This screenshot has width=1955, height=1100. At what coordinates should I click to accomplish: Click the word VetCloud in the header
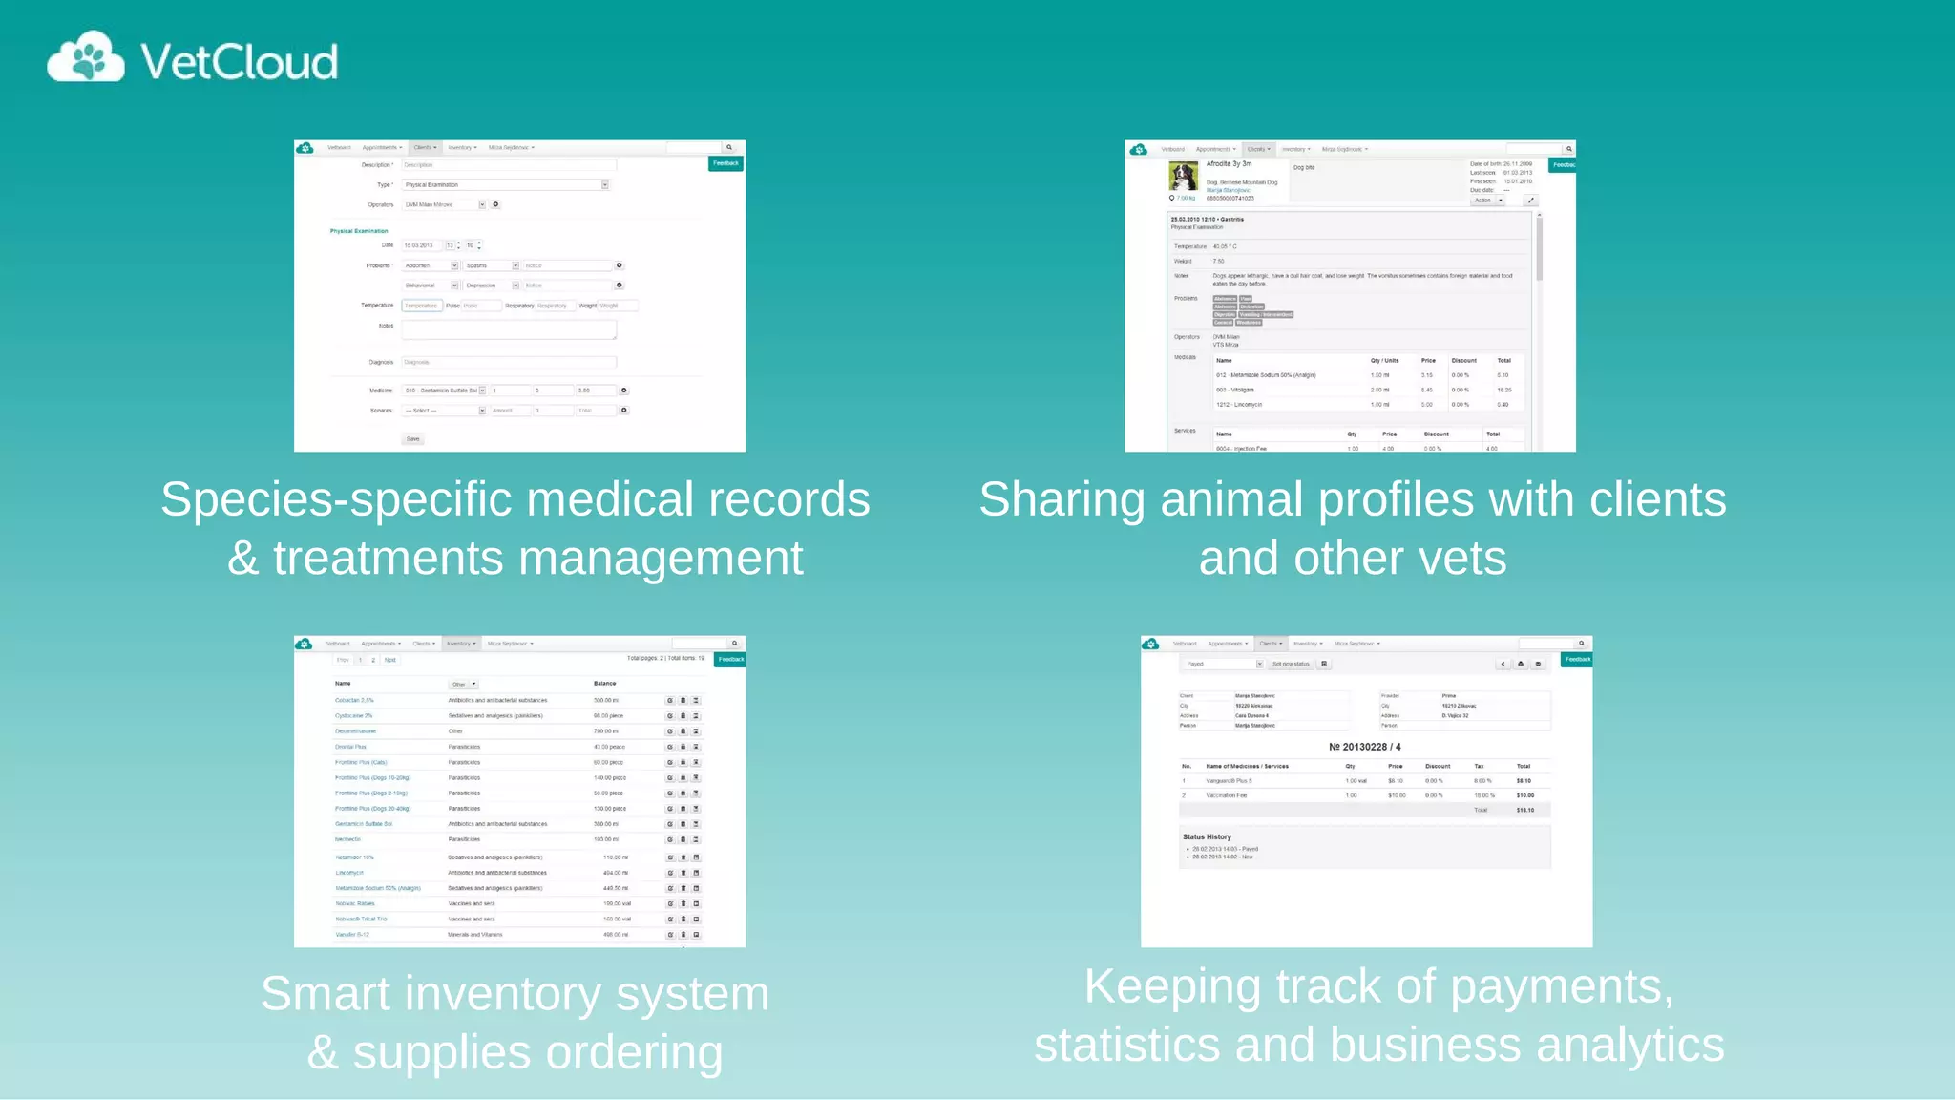(x=239, y=62)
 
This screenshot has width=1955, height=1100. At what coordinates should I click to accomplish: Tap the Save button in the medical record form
(x=412, y=439)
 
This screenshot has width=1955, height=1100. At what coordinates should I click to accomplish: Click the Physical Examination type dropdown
(x=506, y=184)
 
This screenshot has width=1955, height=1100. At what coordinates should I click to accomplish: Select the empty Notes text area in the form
(x=509, y=329)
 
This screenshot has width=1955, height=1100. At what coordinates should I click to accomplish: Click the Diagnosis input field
(x=509, y=362)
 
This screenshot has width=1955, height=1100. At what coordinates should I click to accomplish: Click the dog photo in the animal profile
(x=1184, y=177)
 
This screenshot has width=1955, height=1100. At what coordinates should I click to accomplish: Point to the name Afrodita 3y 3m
(x=1229, y=164)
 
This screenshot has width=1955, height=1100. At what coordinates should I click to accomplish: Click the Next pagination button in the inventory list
(x=389, y=660)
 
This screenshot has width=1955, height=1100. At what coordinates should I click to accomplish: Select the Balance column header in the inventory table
(x=604, y=684)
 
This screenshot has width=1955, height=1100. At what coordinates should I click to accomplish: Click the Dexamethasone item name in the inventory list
(x=355, y=731)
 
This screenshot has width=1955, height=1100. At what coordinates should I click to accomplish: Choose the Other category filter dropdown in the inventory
(x=463, y=684)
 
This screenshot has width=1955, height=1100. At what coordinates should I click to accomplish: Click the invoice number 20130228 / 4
(x=1364, y=747)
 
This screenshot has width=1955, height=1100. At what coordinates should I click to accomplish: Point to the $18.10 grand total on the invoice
(x=1524, y=810)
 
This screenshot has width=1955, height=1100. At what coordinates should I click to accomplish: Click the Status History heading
(x=1207, y=836)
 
